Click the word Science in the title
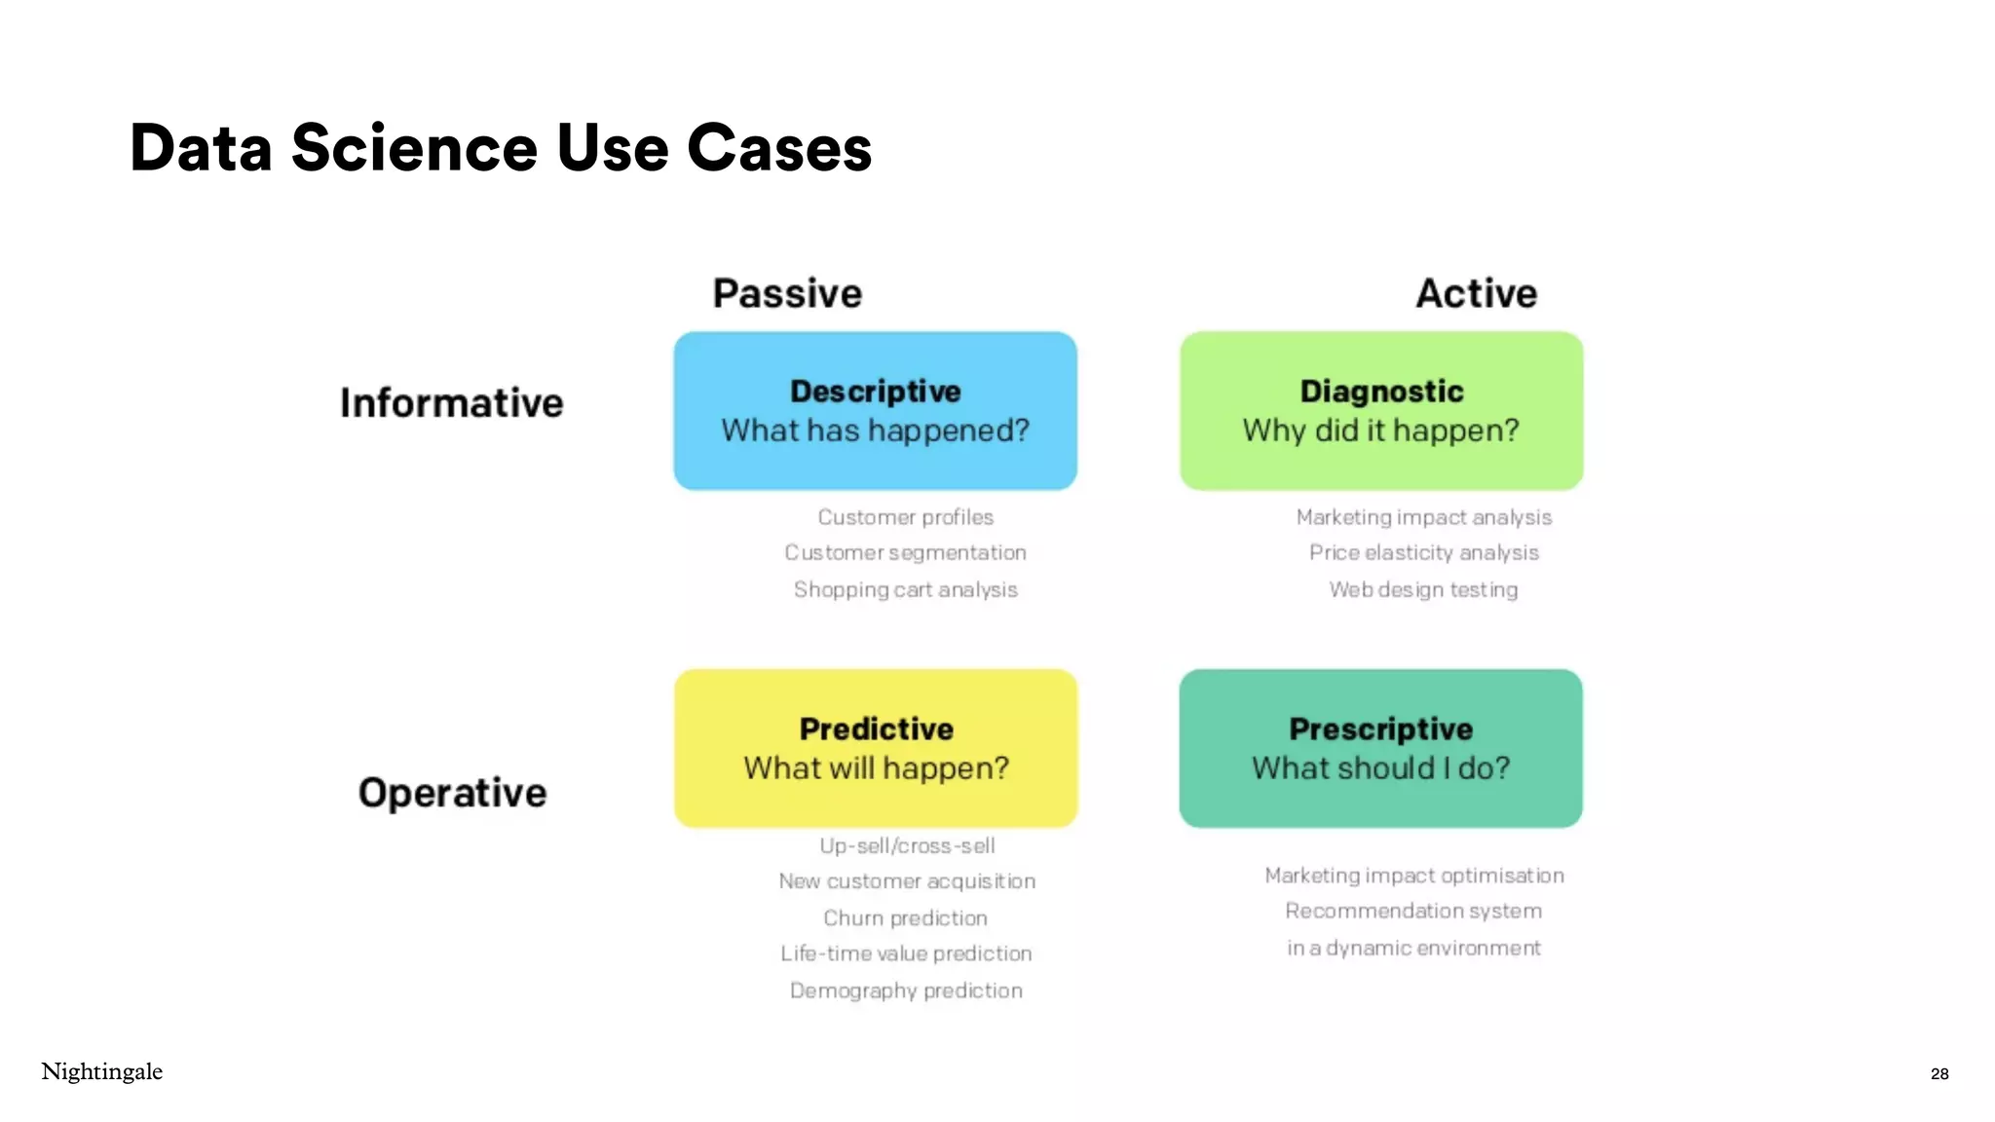pos(414,149)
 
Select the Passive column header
pos(787,293)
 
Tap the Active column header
pos(1476,293)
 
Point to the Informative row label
pos(451,403)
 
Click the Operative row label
pos(452,793)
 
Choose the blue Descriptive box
pos(875,410)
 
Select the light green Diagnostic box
pos(1380,410)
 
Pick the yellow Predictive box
pos(875,748)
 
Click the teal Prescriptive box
pos(1380,748)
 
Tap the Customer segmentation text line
pos(905,553)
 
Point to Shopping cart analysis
pos(905,589)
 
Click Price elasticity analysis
pos(1423,553)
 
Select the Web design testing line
pos(1423,589)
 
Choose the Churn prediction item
pos(905,917)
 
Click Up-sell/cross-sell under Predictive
pos(907,845)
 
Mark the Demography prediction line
pos(906,991)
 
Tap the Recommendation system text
pos(1413,911)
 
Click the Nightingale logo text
pos(102,1071)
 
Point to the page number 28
pos(1939,1073)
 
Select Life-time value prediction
pos(906,954)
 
